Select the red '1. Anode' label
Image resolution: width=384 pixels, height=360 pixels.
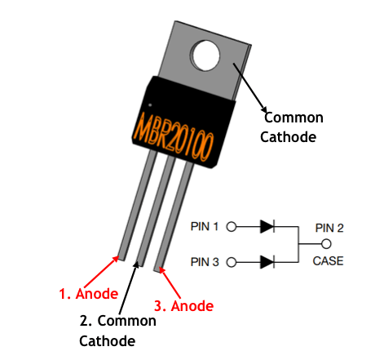coord(88,293)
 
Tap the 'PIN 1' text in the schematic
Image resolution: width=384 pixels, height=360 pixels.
coord(205,226)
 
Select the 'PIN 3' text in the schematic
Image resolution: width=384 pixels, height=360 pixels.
coord(205,262)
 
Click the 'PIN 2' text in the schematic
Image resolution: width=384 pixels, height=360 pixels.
coord(329,228)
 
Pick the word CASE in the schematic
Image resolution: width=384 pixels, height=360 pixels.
coord(329,261)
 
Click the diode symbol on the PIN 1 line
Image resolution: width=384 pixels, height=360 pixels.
coord(267,226)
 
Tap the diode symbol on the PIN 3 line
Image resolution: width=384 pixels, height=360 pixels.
coord(267,262)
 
